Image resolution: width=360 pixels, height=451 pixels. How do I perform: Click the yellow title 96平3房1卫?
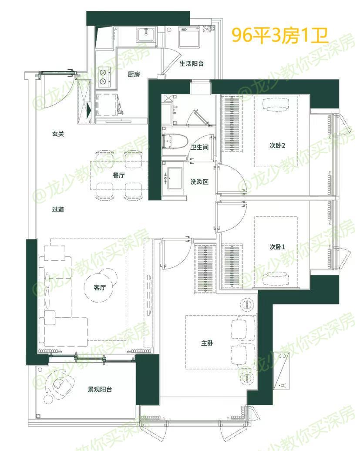pos(280,36)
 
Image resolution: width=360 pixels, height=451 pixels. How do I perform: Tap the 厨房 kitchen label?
pos(134,74)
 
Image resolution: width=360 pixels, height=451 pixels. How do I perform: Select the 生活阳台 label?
pos(191,64)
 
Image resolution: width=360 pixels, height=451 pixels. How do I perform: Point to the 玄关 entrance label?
pos(58,134)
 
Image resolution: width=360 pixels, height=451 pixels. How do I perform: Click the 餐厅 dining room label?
pos(118,175)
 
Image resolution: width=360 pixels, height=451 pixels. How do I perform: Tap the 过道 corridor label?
pos(58,209)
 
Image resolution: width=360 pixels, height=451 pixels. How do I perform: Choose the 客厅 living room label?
pos(100,287)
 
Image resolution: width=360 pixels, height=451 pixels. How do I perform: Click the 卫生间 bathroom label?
pos(199,147)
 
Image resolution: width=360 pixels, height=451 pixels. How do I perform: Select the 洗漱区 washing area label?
pos(199,182)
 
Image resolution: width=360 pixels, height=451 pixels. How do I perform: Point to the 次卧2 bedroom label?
pos(277,145)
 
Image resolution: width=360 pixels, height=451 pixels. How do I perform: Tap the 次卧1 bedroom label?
pos(277,247)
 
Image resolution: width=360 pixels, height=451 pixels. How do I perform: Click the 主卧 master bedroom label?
pos(207,343)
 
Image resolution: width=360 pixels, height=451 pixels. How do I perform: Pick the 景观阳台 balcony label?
pos(100,390)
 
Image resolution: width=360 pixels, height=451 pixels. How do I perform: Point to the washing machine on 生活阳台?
pos(189,37)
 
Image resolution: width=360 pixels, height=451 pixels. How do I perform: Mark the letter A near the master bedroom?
pos(283,384)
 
